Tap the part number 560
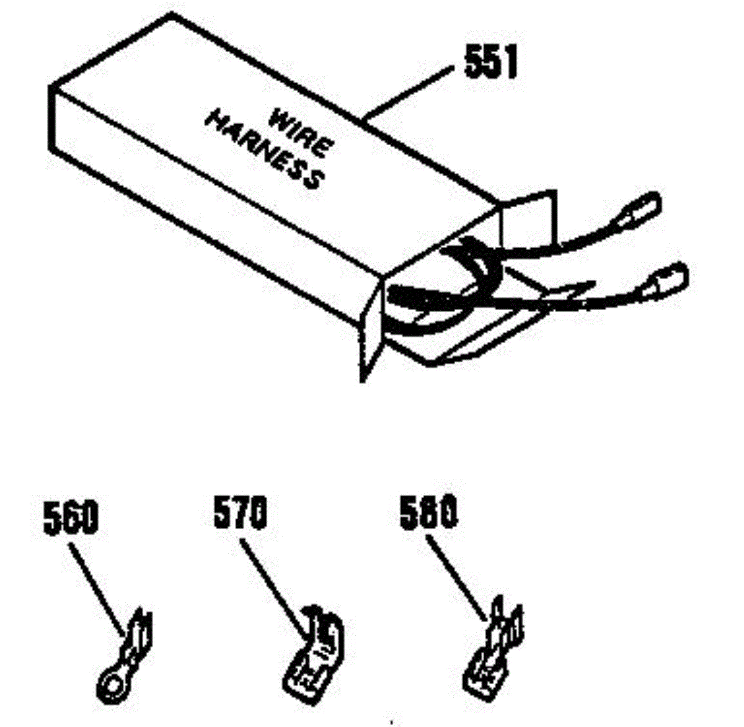pos(71,518)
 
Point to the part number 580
pos(428,514)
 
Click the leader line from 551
pos(409,93)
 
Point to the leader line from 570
pos(273,586)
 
